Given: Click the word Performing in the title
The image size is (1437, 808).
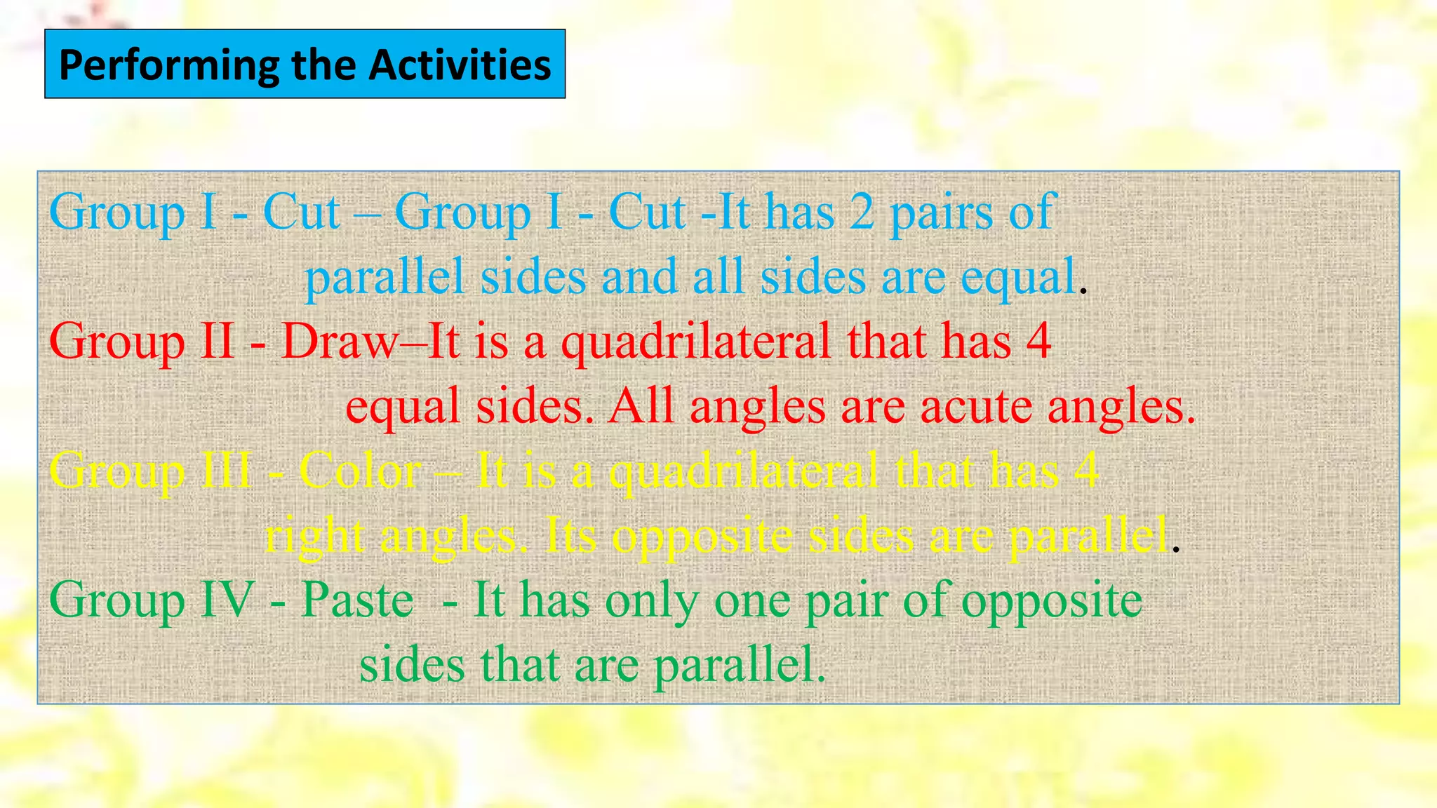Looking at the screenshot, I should (168, 65).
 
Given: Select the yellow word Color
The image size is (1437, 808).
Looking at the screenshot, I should (360, 471).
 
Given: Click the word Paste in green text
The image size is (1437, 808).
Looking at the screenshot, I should (357, 600).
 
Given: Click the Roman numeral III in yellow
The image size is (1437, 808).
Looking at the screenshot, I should (225, 471).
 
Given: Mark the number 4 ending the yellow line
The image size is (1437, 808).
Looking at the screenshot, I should (1086, 471).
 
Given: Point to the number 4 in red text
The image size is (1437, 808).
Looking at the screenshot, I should (1038, 342).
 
